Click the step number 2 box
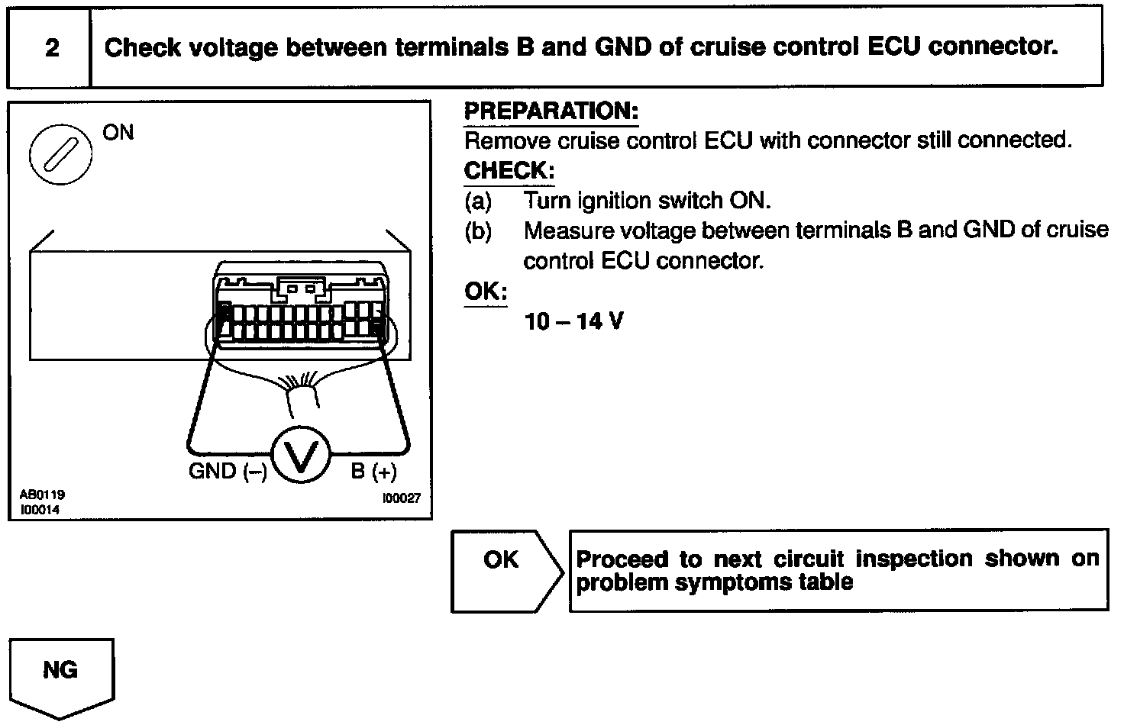[x=50, y=48]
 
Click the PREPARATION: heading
[x=551, y=111]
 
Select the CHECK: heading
[x=509, y=170]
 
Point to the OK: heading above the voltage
[x=485, y=292]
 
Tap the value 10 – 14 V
[x=573, y=321]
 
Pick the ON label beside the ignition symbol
[x=118, y=133]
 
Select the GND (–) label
[x=228, y=471]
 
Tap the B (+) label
[x=373, y=472]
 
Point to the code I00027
[x=401, y=499]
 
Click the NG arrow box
[x=60, y=675]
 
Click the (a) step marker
[x=478, y=201]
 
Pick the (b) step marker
[x=478, y=231]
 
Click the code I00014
[x=39, y=510]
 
